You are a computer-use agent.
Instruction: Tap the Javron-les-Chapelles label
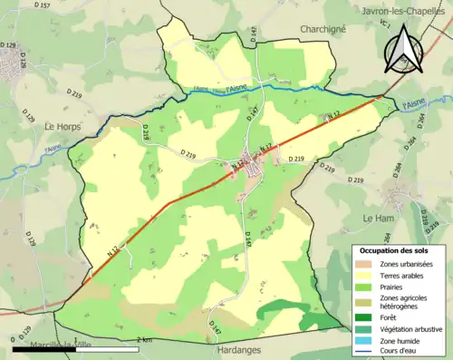[x=403, y=11]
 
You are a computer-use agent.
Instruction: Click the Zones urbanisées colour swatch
[x=364, y=264]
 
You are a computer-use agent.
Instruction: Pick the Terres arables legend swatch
[x=364, y=276]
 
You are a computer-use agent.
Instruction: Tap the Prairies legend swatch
[x=364, y=287]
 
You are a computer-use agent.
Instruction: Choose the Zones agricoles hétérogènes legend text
[x=405, y=303]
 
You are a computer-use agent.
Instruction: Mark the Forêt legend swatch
[x=364, y=318]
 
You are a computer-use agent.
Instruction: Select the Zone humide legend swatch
[x=364, y=341]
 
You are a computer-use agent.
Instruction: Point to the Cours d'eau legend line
[x=364, y=352]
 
